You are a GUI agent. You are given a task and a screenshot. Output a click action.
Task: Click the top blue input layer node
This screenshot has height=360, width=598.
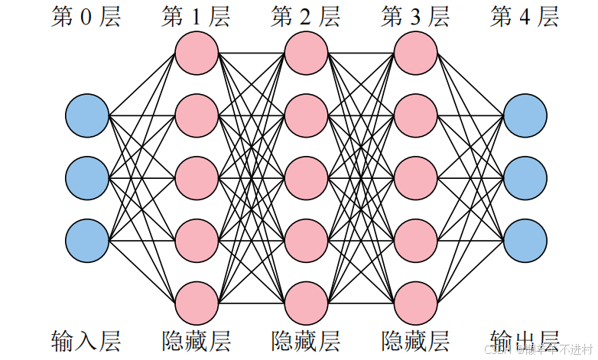coord(86,116)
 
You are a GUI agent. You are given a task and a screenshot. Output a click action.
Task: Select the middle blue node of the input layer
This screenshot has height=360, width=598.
coord(86,177)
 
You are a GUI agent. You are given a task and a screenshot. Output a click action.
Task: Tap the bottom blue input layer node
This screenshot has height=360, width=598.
coord(86,239)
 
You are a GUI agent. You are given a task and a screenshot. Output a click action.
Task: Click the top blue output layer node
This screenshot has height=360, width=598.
coord(525,116)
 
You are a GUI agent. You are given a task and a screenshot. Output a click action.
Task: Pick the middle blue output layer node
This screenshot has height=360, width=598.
coord(525,177)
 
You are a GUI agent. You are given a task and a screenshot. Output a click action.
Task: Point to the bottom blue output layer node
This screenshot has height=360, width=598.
coord(525,239)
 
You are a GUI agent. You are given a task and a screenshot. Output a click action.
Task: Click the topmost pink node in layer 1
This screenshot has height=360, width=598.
coord(197,53)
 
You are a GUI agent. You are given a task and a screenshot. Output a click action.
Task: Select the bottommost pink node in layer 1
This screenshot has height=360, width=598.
coord(197,303)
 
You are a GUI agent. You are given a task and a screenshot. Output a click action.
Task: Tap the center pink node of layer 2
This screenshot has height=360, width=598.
coord(306,177)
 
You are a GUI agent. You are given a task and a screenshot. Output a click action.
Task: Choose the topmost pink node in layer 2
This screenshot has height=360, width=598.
coord(306,53)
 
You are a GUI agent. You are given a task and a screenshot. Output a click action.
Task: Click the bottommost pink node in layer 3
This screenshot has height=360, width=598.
coord(416,303)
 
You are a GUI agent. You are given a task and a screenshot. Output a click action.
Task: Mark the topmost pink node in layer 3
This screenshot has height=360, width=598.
coord(416,53)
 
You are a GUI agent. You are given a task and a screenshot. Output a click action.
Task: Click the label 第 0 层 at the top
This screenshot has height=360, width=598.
coord(86,17)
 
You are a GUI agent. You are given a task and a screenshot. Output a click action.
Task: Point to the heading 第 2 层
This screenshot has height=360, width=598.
coord(306,17)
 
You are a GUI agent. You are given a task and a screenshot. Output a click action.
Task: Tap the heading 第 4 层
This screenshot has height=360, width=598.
coord(525,17)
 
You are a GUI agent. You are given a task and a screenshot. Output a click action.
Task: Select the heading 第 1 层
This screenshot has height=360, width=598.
coord(196,17)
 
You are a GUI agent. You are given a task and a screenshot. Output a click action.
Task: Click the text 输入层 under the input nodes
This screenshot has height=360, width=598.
coord(86,340)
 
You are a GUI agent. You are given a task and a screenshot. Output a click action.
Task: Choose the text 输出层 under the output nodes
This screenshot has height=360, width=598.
coord(525,340)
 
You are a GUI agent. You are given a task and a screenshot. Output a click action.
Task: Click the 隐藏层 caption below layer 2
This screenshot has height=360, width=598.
coord(306,340)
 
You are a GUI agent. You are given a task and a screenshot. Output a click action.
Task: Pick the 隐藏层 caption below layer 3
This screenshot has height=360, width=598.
coord(416,340)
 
